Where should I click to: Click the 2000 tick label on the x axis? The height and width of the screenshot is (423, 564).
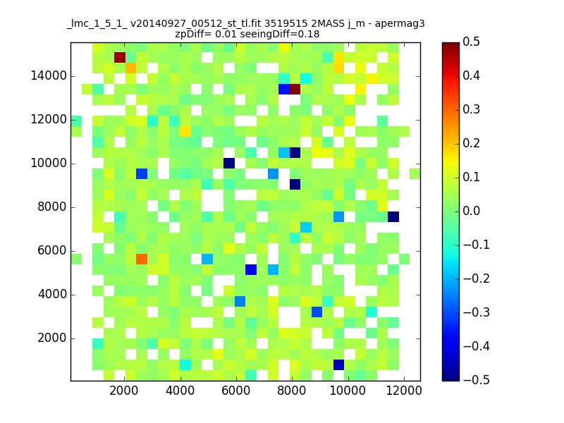(124, 391)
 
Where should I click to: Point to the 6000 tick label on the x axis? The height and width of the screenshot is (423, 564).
(236, 391)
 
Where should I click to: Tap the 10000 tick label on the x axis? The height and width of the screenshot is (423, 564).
(348, 391)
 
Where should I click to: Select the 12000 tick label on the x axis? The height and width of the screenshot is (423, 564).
(403, 391)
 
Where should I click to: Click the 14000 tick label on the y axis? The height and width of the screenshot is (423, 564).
(49, 76)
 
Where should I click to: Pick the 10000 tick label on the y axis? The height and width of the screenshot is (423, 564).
(49, 164)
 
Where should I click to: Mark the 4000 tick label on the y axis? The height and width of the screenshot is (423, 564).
(52, 294)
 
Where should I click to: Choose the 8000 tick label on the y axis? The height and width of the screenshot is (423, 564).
(52, 207)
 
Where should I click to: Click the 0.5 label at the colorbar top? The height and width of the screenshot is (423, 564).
(471, 42)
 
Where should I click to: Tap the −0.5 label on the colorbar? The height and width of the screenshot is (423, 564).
(477, 380)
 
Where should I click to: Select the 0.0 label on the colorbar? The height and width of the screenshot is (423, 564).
(471, 211)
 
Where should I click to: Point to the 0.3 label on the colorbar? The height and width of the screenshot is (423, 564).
(471, 109)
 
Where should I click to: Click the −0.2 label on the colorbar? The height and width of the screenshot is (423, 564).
(477, 278)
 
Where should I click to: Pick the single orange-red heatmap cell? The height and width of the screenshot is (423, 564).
(142, 259)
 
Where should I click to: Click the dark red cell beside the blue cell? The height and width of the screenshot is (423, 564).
(295, 89)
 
